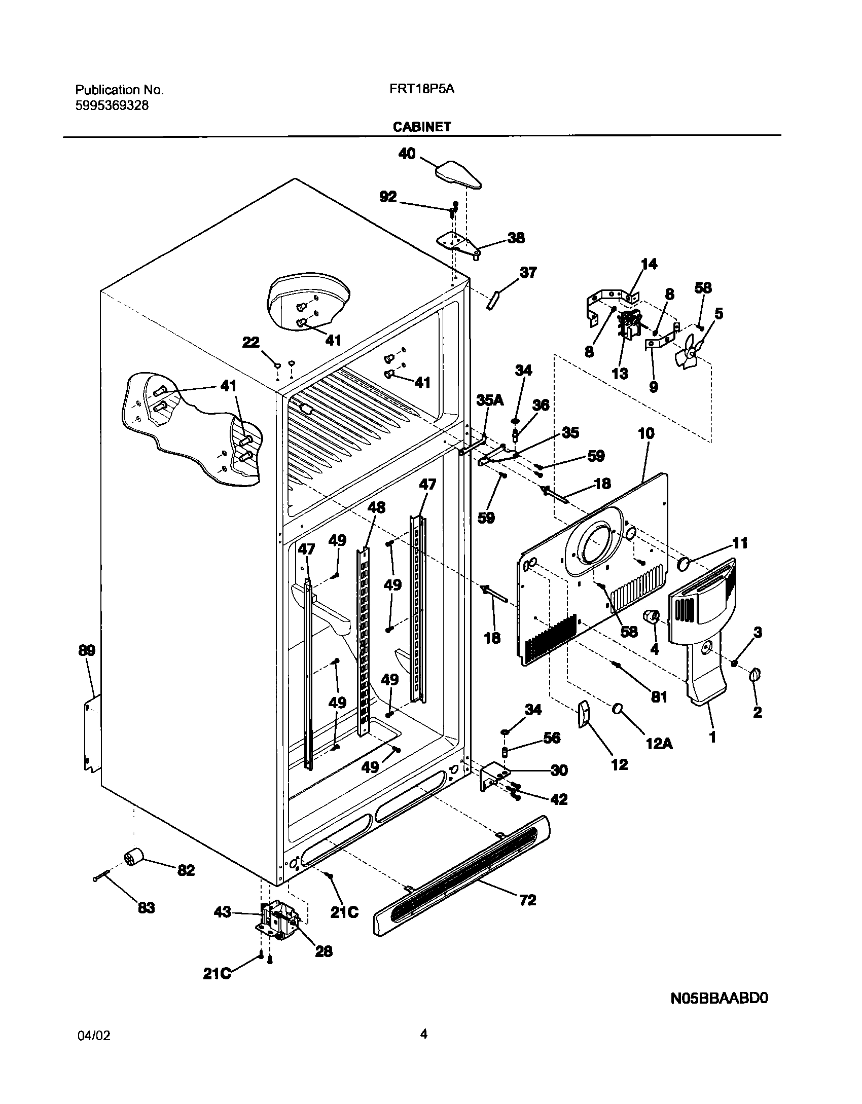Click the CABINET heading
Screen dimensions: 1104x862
422,127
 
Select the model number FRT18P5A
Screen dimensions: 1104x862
422,90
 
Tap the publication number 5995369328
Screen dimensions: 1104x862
112,106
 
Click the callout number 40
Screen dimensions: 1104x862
407,154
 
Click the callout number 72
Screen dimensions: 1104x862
527,900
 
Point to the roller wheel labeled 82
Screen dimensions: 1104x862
134,859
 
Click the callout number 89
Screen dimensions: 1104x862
87,650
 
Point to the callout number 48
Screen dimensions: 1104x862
376,507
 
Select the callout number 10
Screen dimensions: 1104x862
646,433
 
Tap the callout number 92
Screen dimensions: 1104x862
388,197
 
